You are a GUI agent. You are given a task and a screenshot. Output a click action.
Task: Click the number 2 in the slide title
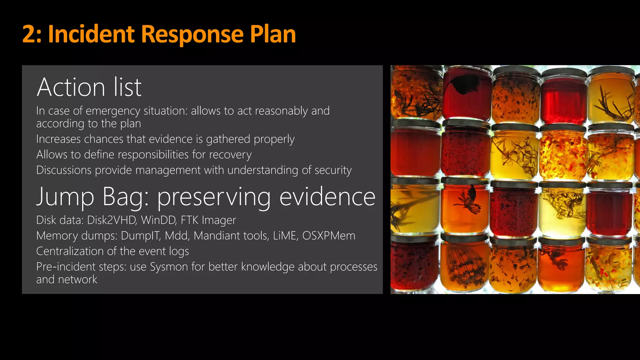tap(31, 34)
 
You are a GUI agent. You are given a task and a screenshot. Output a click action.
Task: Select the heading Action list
tap(89, 87)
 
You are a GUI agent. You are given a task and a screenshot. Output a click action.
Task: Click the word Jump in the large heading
tap(65, 197)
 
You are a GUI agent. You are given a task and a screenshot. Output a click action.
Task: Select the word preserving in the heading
tap(214, 197)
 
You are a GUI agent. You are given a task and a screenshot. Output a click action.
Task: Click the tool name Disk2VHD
tap(112, 220)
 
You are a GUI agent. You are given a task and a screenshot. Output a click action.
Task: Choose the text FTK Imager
tap(208, 220)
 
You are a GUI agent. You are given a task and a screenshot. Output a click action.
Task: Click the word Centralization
tap(70, 251)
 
